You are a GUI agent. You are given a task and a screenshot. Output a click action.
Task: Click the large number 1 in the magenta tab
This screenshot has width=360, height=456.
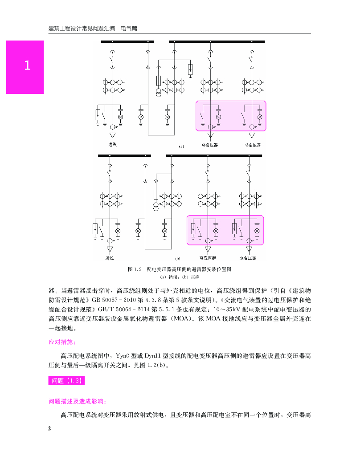click(27, 66)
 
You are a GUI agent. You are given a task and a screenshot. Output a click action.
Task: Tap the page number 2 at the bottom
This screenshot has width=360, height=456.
click(50, 428)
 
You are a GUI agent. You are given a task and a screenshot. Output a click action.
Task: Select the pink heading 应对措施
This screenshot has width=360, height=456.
click(62, 342)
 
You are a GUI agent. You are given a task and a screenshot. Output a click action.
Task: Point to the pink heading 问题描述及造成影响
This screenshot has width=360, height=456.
click(77, 401)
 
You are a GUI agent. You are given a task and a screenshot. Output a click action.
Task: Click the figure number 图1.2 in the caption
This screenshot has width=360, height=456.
click(134, 269)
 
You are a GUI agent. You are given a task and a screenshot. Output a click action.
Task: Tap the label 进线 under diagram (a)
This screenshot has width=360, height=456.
click(112, 145)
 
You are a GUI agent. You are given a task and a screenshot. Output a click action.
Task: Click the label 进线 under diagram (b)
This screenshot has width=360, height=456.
click(110, 258)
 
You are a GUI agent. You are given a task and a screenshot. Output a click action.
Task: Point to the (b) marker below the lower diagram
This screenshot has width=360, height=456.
click(177, 258)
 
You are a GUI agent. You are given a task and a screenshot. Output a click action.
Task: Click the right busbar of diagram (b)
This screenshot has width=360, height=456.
click(214, 155)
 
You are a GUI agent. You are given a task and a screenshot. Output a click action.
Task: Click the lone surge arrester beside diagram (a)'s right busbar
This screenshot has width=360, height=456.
click(190, 69)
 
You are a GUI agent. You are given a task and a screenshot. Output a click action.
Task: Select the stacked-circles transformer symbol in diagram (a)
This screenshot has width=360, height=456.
click(159, 93)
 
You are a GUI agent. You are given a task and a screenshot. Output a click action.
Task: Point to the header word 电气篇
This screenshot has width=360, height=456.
click(129, 28)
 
